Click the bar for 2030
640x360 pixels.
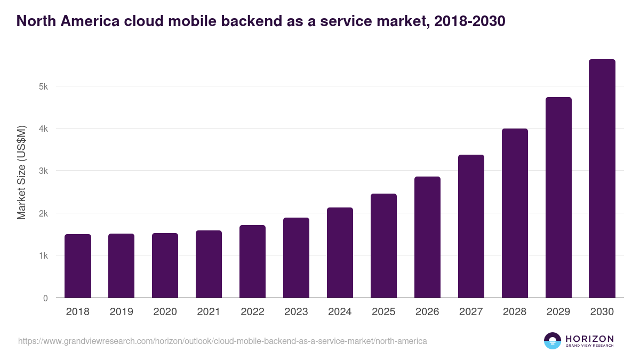(602, 178)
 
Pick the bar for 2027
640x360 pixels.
(471, 226)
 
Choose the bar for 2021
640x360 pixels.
(209, 264)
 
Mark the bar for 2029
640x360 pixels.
(558, 197)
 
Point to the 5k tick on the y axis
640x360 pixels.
(43, 86)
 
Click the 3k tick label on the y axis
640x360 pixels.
(43, 171)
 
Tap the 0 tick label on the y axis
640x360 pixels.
(45, 298)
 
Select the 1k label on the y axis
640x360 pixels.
(43, 256)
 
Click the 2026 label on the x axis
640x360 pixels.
(427, 312)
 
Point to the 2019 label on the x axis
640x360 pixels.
(122, 312)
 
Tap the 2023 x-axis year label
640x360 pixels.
(296, 312)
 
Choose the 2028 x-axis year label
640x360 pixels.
(515, 312)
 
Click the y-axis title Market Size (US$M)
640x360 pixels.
(21, 172)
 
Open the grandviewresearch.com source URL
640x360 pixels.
(222, 341)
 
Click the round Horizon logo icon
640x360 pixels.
(553, 341)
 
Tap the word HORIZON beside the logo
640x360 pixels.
(589, 338)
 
